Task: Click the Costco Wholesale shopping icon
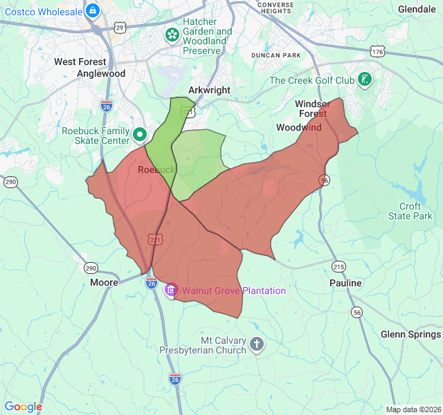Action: coord(93,10)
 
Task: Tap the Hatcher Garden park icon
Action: coord(171,34)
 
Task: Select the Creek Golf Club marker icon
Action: coord(365,80)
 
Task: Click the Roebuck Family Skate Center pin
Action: coord(139,134)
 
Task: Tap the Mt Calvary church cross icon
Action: coord(257,344)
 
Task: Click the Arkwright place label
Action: coord(209,91)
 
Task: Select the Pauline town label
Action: coord(345,284)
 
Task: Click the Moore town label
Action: coord(105,283)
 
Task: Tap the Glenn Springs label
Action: coord(410,335)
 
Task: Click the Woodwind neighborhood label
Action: coord(299,128)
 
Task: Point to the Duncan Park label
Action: coord(276,55)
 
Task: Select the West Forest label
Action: coord(80,62)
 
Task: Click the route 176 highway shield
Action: coord(377,52)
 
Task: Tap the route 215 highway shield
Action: coord(338,266)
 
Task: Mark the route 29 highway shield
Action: coord(120,27)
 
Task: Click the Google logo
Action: coord(23,407)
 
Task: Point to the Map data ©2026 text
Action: coord(413,409)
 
